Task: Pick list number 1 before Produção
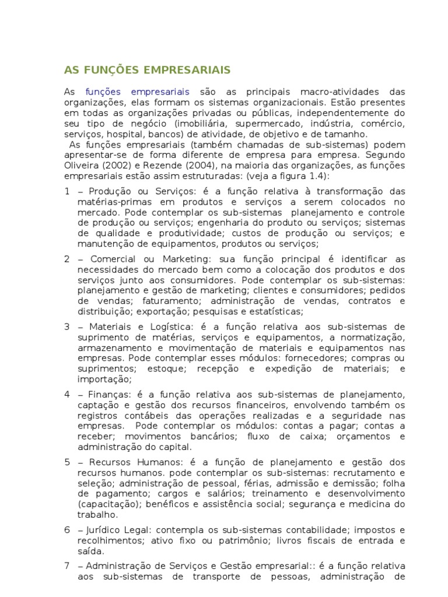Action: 67,192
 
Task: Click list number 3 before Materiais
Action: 67,326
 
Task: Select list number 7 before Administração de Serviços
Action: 67,566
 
